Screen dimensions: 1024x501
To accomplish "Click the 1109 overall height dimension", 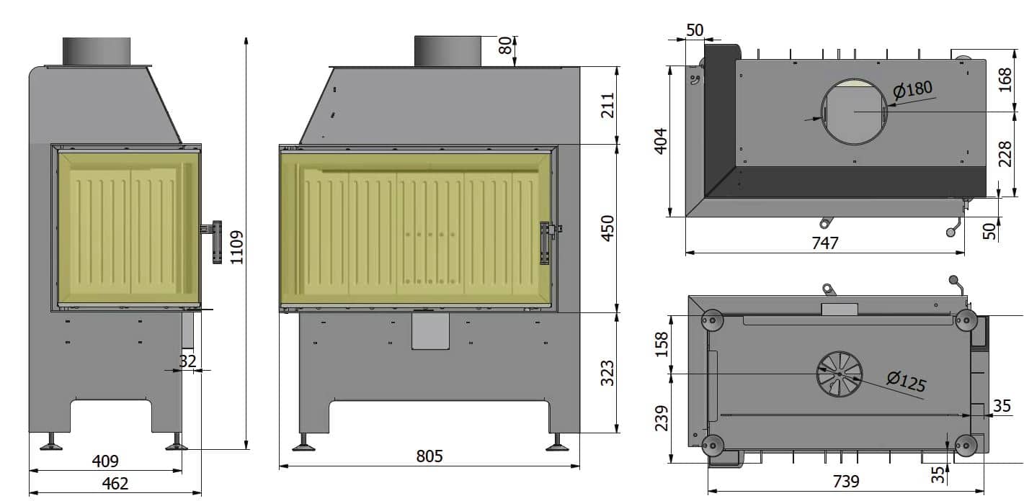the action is [x=237, y=247].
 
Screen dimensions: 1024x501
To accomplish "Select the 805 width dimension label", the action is [x=429, y=456].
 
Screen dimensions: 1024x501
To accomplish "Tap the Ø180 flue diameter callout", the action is [x=912, y=89].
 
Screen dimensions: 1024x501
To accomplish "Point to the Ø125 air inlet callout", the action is [x=906, y=382].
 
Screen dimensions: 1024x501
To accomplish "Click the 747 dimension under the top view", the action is [x=825, y=243].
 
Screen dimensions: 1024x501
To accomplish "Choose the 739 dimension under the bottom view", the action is [x=846, y=482].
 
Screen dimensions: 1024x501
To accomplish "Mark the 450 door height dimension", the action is [x=607, y=228].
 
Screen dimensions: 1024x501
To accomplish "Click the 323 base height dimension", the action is [x=607, y=373].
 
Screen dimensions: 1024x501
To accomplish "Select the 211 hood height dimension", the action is [x=607, y=106].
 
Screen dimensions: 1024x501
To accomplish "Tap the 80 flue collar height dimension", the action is [x=505, y=45].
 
